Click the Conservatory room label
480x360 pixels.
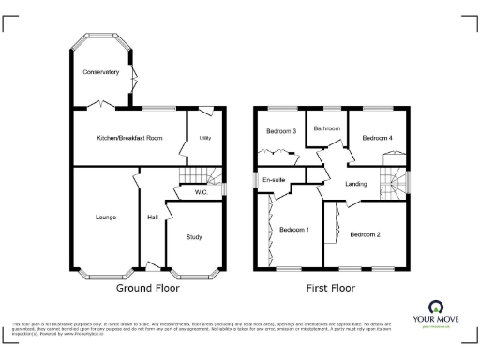pyautogui.click(x=100, y=72)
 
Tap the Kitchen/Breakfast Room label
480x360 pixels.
pyautogui.click(x=129, y=138)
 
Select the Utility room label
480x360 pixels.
pyautogui.click(x=204, y=138)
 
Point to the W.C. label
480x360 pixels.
pyautogui.click(x=200, y=193)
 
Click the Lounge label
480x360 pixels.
pyautogui.click(x=105, y=217)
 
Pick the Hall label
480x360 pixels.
pyautogui.click(x=152, y=217)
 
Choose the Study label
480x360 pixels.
pyautogui.click(x=194, y=237)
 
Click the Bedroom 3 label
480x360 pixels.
pyautogui.click(x=281, y=131)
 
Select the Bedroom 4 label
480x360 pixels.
pyautogui.click(x=378, y=137)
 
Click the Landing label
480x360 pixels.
pyautogui.click(x=355, y=183)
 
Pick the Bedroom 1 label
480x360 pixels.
pyautogui.click(x=295, y=229)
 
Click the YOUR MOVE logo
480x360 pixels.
pyautogui.click(x=437, y=314)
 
